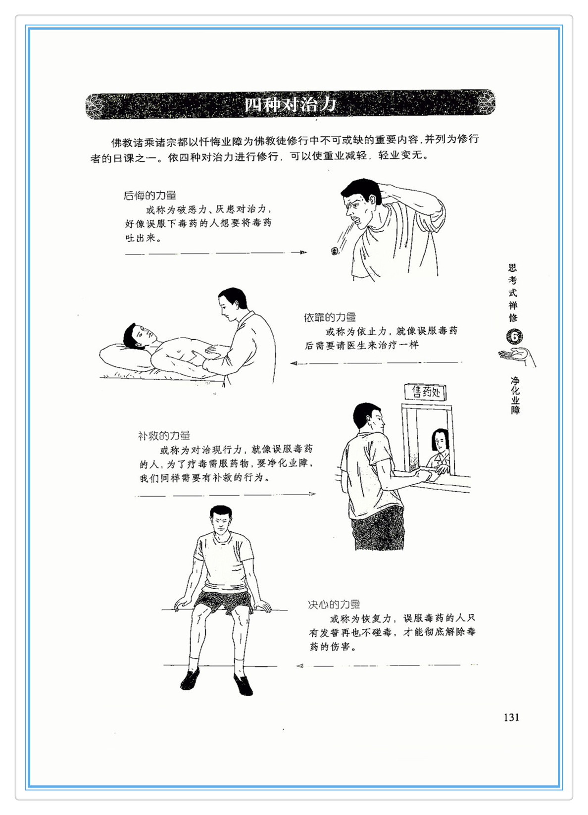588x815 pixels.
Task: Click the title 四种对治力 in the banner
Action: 290,105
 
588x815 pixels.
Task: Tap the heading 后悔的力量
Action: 150,196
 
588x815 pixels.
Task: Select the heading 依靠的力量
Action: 330,317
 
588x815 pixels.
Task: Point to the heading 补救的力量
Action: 164,436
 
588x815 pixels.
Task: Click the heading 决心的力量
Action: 334,605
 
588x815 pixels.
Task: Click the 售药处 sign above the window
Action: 426,392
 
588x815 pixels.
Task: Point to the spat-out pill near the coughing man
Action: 334,251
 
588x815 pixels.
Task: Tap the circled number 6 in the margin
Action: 514,337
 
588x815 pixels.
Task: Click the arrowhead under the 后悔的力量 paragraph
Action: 303,253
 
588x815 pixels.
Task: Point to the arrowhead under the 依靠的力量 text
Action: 294,363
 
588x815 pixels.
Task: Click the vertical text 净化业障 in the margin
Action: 515,396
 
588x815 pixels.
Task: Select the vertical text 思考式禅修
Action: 513,293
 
